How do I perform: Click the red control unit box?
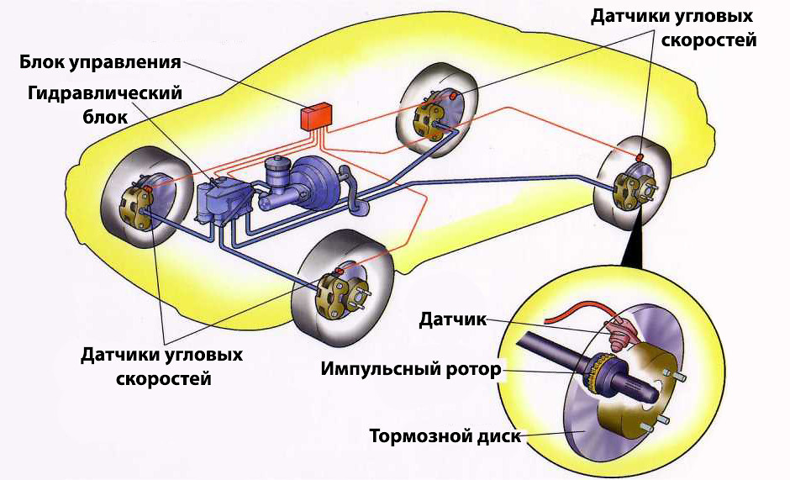[317, 116]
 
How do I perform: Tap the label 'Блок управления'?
[102, 62]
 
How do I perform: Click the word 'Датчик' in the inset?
[452, 319]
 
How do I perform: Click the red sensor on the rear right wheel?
[639, 157]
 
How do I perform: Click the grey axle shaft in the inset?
[546, 350]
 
